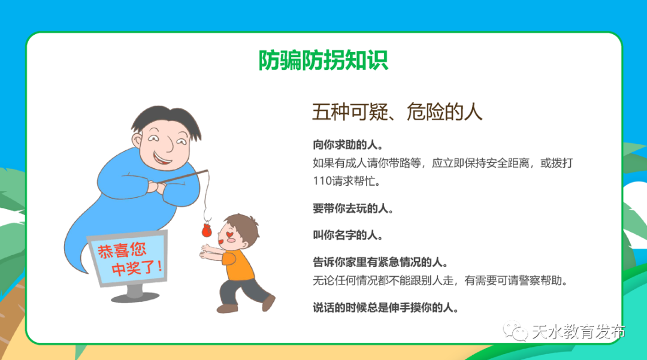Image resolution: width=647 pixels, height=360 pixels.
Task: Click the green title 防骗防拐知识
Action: click(x=323, y=60)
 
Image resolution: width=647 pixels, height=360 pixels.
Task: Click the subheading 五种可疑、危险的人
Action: click(x=397, y=112)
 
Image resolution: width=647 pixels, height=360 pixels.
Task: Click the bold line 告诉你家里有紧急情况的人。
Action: click(x=380, y=262)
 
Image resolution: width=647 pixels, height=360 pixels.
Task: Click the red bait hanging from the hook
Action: click(x=206, y=230)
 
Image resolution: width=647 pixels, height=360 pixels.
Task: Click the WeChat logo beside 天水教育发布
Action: click(x=515, y=331)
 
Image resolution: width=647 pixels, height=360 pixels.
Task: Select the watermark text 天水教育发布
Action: click(x=578, y=332)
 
